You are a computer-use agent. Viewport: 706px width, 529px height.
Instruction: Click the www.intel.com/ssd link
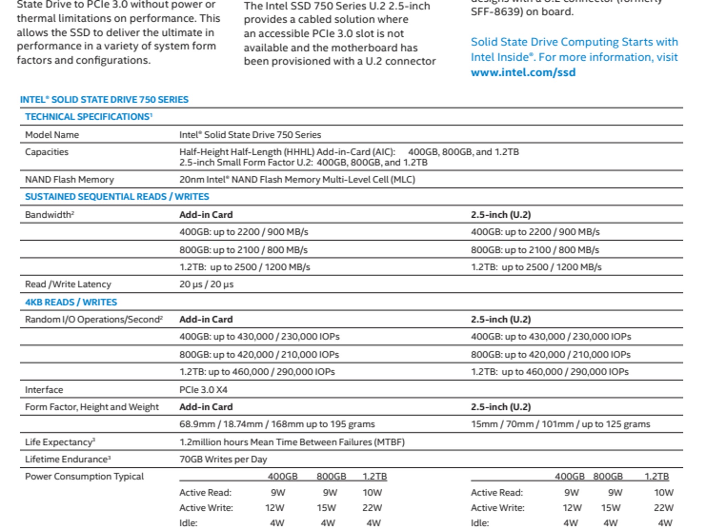pyautogui.click(x=523, y=72)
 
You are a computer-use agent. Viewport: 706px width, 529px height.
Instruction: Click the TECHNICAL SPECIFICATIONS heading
pyautogui.click(x=88, y=117)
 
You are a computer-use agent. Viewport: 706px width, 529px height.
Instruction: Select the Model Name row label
pyautogui.click(x=52, y=135)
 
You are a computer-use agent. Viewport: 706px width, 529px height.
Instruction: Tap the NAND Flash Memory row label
pyautogui.click(x=69, y=179)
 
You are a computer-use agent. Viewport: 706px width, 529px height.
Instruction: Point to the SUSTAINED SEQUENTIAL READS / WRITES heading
pyautogui.click(x=117, y=197)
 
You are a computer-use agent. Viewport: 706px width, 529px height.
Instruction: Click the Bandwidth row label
pyautogui.click(x=49, y=215)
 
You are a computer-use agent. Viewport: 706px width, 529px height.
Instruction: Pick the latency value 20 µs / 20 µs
pyautogui.click(x=206, y=284)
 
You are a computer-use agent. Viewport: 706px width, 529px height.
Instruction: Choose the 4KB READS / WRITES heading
pyautogui.click(x=71, y=302)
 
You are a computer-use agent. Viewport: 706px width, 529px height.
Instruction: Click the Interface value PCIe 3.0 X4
pyautogui.click(x=203, y=390)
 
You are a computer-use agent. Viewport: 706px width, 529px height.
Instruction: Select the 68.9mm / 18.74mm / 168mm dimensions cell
pyautogui.click(x=277, y=424)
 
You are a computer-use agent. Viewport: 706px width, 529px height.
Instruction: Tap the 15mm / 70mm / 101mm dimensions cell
pyautogui.click(x=560, y=424)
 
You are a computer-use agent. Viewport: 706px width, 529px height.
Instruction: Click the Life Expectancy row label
pyautogui.click(x=60, y=442)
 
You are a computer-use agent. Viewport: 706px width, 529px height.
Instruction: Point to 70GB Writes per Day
pyautogui.click(x=223, y=459)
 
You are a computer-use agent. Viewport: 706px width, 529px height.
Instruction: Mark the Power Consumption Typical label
pyautogui.click(x=84, y=476)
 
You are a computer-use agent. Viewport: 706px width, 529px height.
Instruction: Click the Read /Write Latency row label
pyautogui.click(x=68, y=284)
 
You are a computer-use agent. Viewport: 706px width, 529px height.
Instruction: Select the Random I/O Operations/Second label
pyautogui.click(x=93, y=319)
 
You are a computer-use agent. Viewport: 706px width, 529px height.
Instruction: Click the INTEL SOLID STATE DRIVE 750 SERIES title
pyautogui.click(x=104, y=100)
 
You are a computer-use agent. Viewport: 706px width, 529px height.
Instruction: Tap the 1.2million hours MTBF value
pyautogui.click(x=292, y=442)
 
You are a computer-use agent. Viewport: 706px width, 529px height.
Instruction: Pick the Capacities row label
pyautogui.click(x=47, y=152)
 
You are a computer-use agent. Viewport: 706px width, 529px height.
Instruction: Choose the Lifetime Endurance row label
pyautogui.click(x=68, y=459)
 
